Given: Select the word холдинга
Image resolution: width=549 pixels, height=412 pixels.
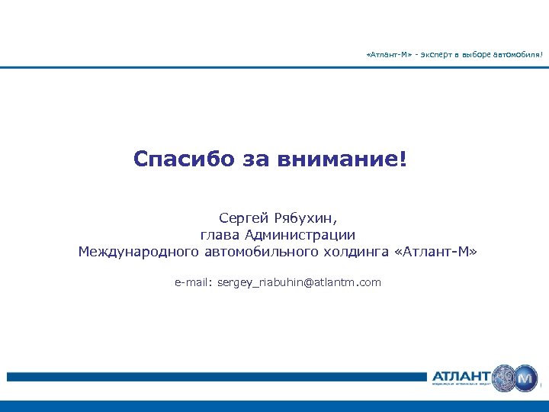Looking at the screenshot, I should (x=358, y=252).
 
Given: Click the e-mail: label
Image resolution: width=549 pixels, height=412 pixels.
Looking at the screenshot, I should (x=193, y=282).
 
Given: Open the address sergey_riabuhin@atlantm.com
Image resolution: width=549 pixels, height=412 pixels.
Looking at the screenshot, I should (x=299, y=282).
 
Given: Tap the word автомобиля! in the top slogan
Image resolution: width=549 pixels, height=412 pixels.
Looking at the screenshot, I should (x=518, y=55).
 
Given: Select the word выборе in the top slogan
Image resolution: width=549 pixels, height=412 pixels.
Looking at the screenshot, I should (x=477, y=55).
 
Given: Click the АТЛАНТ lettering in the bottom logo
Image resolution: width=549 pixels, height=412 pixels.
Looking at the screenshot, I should (x=461, y=375).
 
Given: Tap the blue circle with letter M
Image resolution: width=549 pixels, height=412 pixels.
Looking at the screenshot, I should (x=525, y=378).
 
